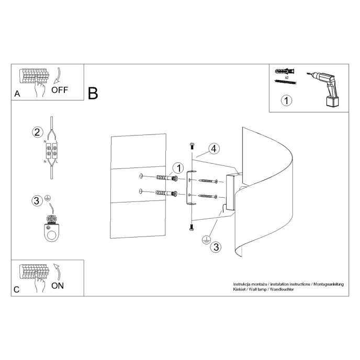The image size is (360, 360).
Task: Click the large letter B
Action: pos(93,94)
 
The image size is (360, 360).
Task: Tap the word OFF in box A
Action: pos(60,89)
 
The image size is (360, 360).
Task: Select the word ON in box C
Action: pos(58,285)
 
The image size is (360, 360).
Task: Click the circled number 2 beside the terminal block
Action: pos(37,131)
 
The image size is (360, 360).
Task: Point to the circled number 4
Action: pos(213,148)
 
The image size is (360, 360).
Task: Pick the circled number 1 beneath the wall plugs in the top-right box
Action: pos(286,100)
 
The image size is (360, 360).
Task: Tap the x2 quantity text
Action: pos(287,77)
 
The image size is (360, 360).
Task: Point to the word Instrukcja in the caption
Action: pos(243,284)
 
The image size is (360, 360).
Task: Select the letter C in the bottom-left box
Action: pos(16,289)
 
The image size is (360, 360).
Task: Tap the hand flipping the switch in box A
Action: pos(38,89)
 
